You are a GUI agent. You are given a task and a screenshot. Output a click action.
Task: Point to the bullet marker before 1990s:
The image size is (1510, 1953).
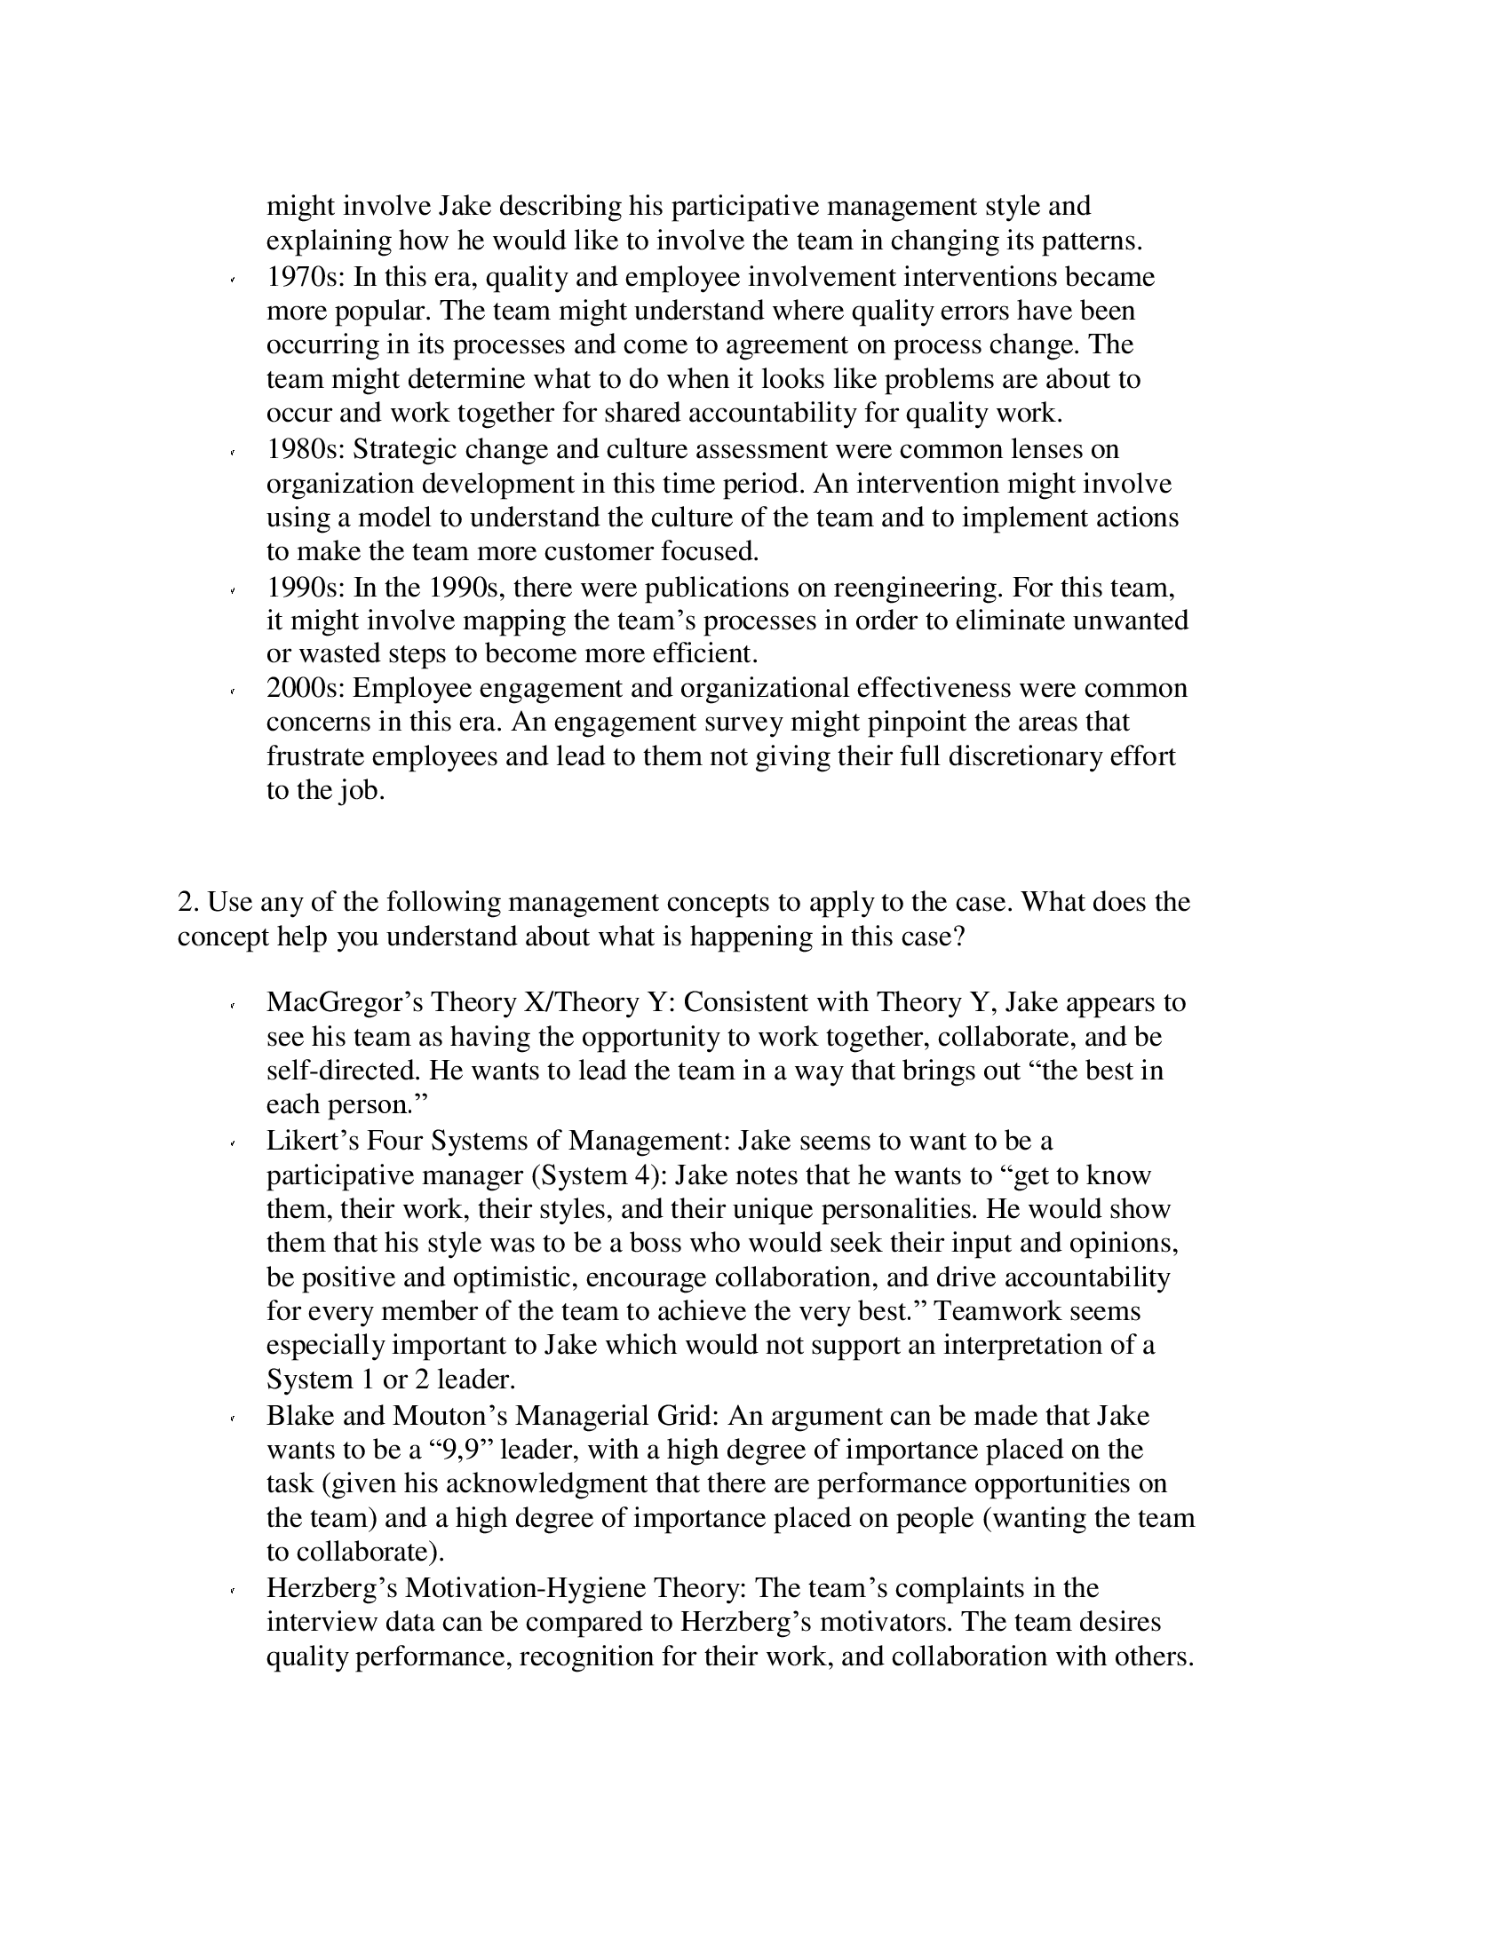tap(233, 591)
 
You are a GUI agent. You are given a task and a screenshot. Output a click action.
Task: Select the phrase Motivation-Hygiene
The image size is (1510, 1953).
tap(525, 1588)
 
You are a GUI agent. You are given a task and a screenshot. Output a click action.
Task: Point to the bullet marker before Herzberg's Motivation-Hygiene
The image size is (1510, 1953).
tap(233, 1592)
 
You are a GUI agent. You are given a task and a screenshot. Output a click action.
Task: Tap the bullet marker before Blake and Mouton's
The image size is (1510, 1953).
tap(233, 1419)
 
